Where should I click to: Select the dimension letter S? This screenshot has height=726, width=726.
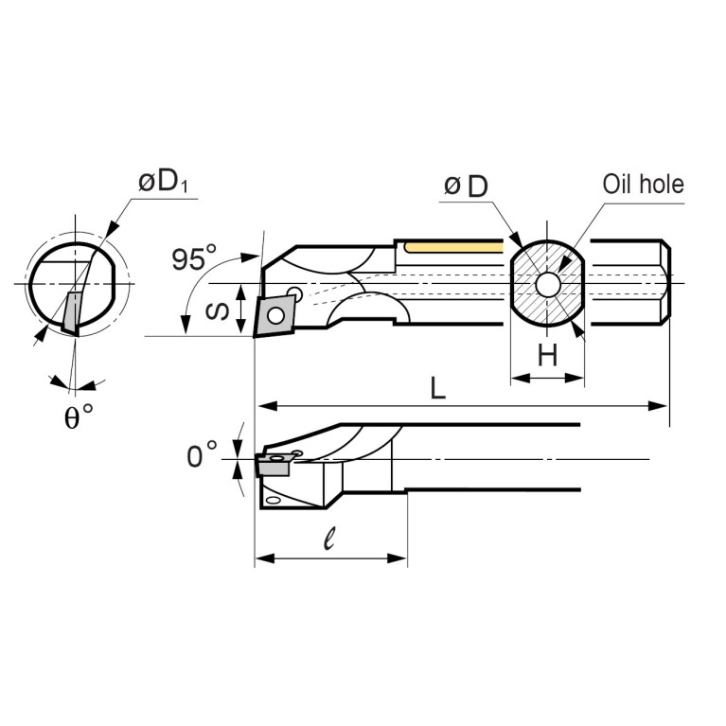point(217,309)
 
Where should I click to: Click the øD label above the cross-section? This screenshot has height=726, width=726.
point(466,186)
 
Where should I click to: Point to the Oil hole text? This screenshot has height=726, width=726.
point(643,184)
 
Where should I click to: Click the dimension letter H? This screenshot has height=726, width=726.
point(547,356)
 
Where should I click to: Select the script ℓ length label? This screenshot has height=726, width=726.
point(328,540)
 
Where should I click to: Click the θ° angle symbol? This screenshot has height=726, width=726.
point(79,417)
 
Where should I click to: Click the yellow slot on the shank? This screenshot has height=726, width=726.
point(452,247)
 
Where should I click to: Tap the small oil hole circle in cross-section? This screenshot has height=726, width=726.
point(547,283)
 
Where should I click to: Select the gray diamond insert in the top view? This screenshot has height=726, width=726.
point(274,314)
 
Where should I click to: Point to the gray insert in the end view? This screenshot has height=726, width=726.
point(71,312)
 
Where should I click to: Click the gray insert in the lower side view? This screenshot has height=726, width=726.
point(273,466)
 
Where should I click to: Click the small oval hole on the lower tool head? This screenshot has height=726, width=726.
point(273,500)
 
